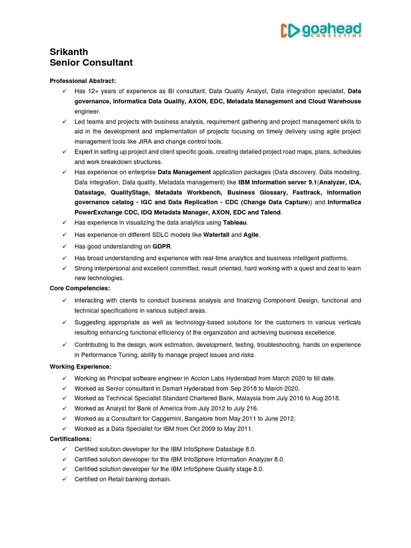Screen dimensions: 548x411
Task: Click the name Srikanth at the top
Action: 69,52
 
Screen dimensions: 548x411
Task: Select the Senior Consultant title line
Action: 91,63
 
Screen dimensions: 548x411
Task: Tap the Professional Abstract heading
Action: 82,80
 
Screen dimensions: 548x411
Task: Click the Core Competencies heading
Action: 80,288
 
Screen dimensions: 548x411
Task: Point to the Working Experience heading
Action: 81,367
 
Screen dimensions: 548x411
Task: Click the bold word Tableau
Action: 235,222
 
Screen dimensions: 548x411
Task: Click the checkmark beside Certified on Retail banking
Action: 64,479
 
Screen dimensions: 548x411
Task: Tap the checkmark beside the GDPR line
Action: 64,246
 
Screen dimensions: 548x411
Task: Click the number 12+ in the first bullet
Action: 94,91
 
